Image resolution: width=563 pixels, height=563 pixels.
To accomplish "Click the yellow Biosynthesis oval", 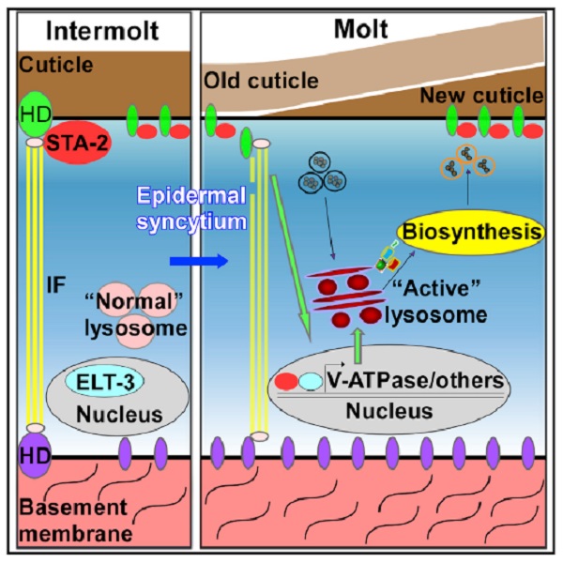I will [x=465, y=231].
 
